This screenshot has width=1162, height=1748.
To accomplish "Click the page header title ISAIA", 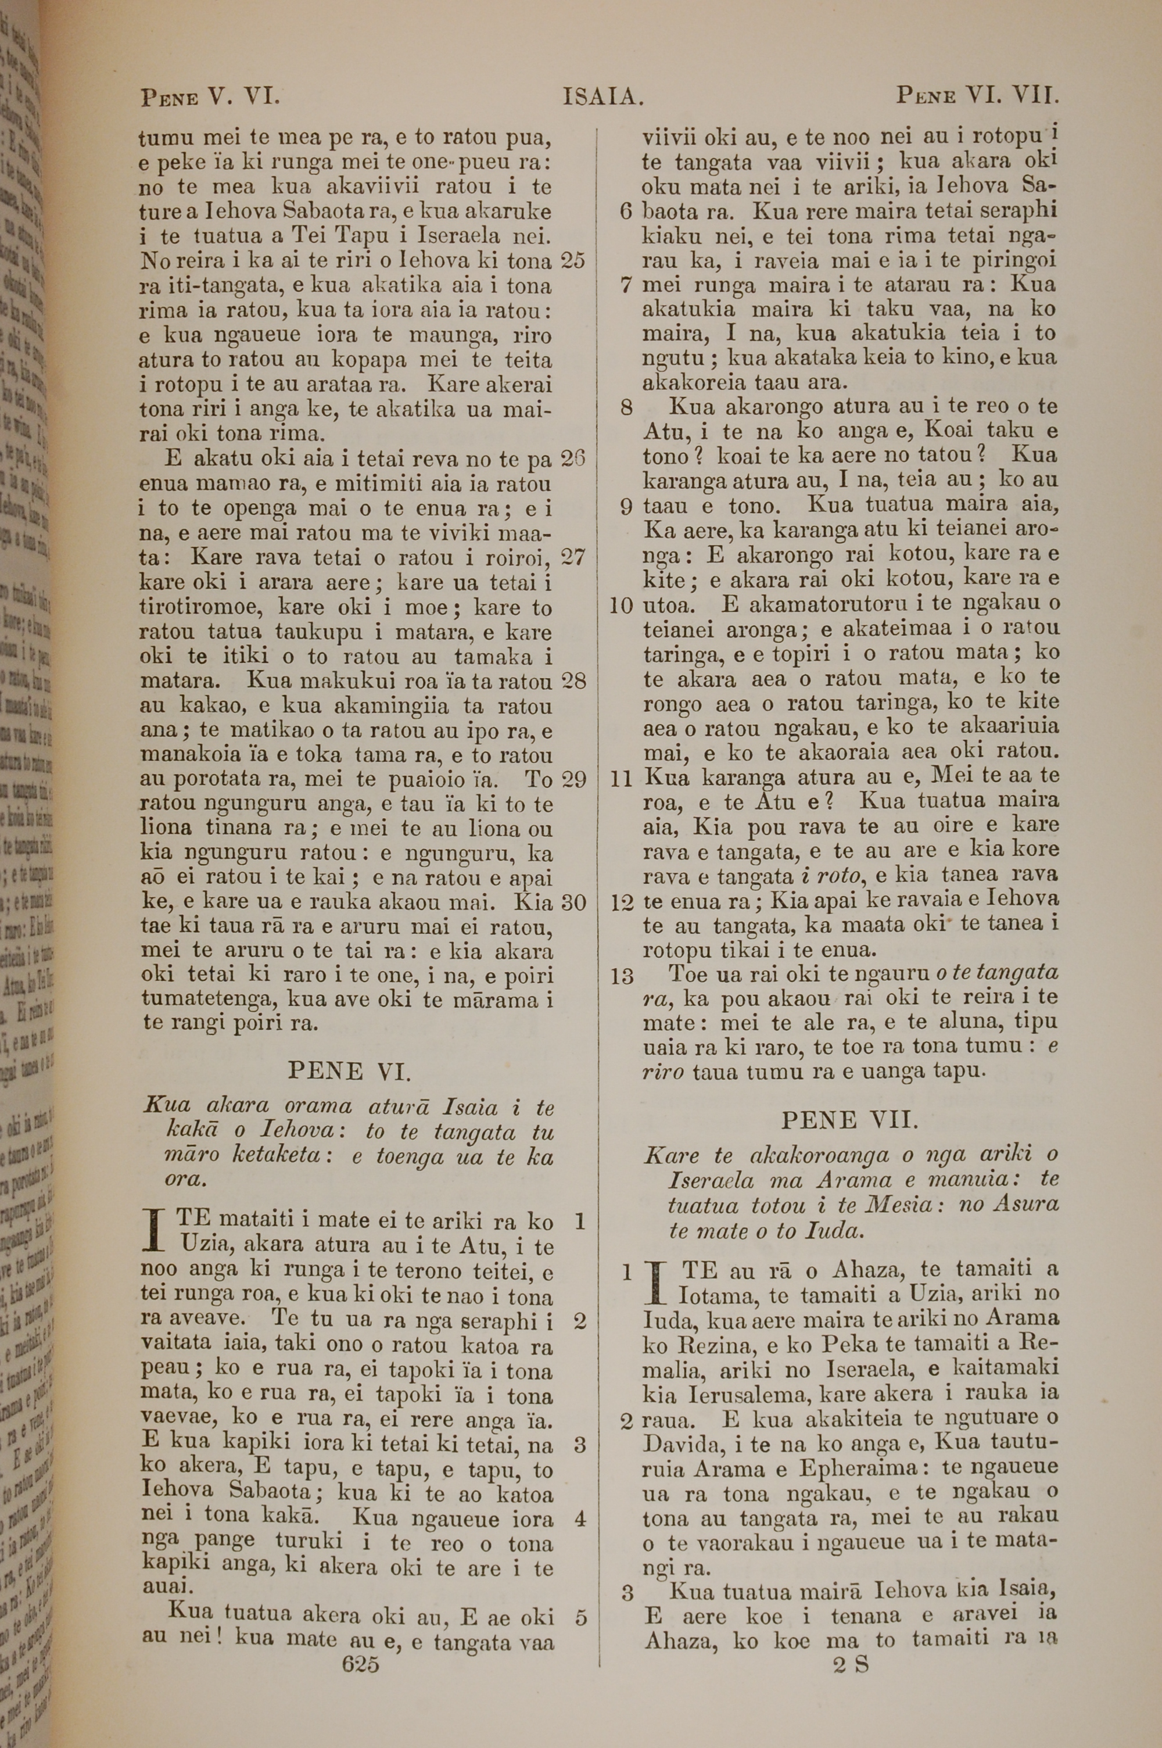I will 602,96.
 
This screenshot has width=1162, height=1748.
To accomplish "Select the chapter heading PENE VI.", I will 348,1071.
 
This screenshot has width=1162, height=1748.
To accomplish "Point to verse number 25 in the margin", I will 573,260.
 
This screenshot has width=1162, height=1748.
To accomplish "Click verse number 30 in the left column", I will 573,902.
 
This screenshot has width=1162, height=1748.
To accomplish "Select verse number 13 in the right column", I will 622,977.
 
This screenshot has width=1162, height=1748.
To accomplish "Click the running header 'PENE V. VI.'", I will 209,96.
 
